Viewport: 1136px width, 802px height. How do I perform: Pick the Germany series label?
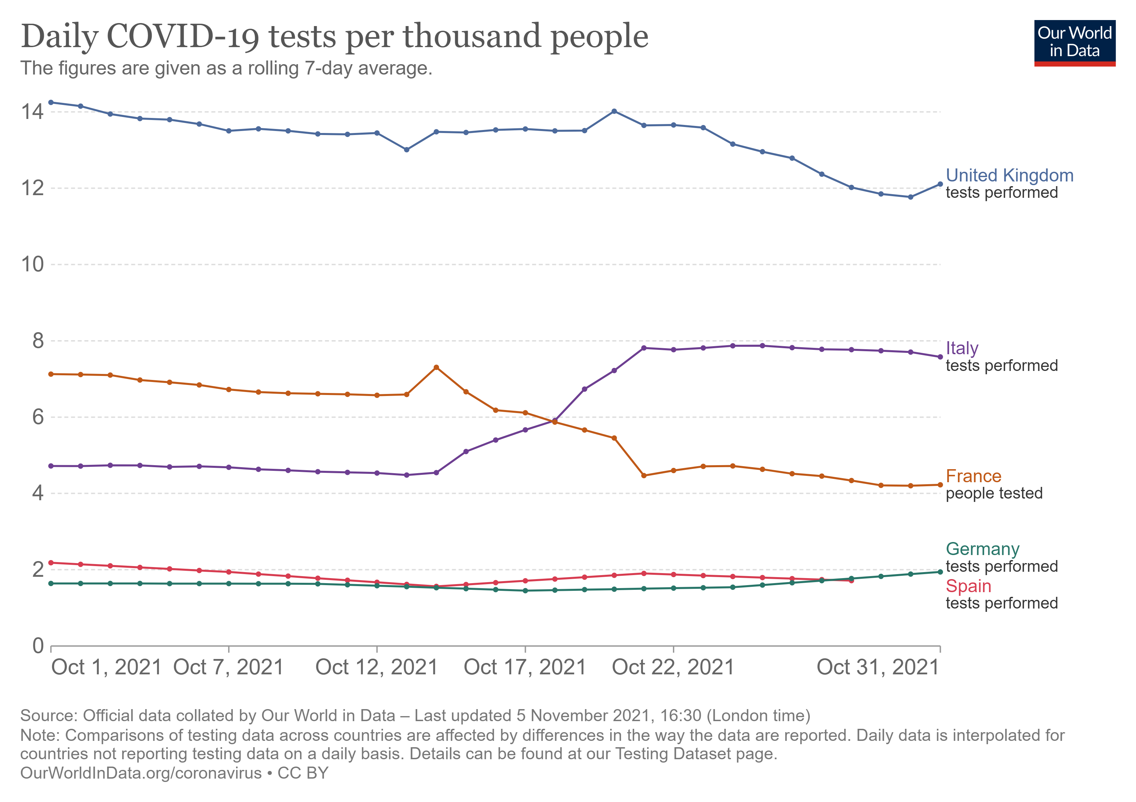[982, 549]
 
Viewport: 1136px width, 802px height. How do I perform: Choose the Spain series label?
[968, 586]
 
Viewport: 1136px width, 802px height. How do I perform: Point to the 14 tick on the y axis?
[32, 112]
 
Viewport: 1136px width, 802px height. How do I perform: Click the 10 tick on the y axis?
[32, 265]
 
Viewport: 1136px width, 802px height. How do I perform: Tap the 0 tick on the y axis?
[38, 646]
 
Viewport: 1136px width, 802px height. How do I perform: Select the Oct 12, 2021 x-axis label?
[377, 667]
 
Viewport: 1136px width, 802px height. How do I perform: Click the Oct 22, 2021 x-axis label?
[673, 667]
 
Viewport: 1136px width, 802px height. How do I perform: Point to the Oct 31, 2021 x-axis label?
[877, 667]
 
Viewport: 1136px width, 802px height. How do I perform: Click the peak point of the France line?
[436, 368]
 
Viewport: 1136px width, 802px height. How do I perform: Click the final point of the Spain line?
[851, 580]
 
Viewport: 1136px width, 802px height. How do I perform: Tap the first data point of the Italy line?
[51, 466]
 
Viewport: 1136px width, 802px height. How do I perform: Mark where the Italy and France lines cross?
[553, 421]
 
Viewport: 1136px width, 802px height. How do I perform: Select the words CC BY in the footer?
[303, 773]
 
